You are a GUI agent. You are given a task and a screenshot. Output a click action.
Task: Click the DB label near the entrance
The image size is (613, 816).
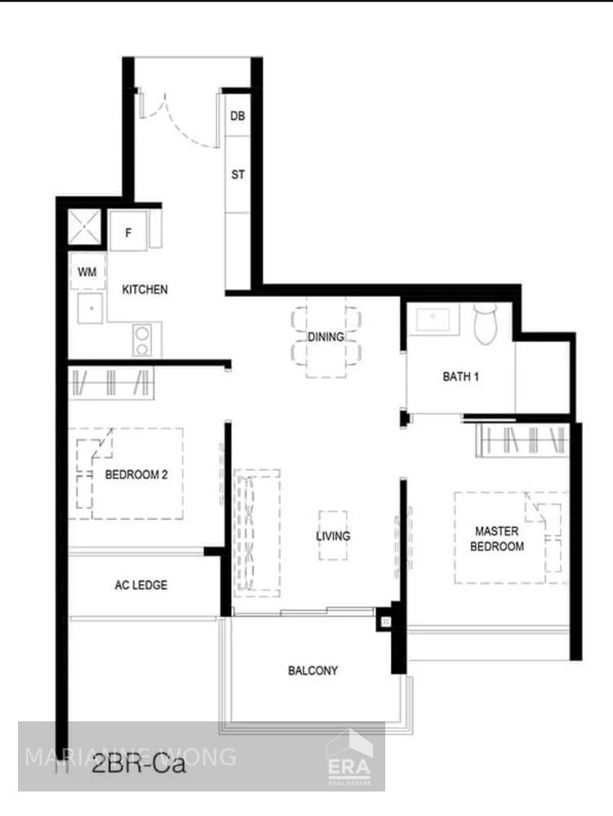[238, 117]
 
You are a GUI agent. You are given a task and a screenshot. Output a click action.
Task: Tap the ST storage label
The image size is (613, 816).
[238, 175]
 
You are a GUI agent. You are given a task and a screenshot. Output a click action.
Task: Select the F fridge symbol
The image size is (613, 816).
[128, 232]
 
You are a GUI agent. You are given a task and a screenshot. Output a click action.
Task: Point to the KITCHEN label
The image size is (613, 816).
[145, 290]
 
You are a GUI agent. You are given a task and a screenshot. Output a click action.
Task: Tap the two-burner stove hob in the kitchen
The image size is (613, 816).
[142, 340]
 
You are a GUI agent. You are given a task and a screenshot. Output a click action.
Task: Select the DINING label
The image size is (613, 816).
[326, 337]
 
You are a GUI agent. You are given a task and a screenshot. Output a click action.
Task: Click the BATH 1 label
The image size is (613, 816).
[460, 377]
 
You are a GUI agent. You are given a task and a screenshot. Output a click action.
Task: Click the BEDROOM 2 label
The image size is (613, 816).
[136, 474]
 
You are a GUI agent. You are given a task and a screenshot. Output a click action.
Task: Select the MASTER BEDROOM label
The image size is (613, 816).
[496, 539]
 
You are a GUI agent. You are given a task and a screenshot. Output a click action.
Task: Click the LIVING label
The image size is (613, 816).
[333, 536]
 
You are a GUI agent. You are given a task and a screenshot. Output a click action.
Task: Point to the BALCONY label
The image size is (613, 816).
[313, 671]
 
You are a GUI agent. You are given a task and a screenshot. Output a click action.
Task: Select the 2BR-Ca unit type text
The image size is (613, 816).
[139, 765]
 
